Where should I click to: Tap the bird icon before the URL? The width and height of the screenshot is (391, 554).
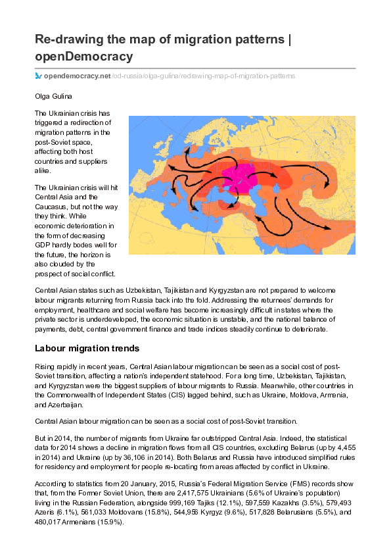point(38,76)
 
